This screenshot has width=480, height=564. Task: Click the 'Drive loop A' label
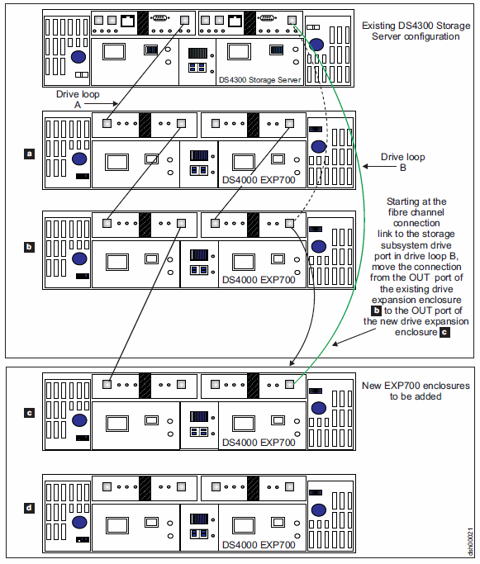(x=78, y=99)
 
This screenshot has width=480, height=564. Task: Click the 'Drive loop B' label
(x=403, y=162)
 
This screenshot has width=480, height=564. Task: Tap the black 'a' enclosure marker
(x=29, y=154)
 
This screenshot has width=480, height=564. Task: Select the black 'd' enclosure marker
(x=29, y=508)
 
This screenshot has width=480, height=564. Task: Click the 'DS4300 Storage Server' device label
(x=259, y=80)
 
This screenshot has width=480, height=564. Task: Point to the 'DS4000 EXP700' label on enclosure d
(x=259, y=545)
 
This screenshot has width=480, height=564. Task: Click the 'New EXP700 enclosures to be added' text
(x=416, y=391)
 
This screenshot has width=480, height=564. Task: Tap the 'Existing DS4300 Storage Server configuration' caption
(x=416, y=31)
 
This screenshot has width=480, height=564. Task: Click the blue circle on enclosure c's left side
(x=79, y=420)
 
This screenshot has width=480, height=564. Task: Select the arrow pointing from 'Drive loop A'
(x=101, y=103)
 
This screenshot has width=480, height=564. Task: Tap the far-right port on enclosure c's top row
(x=290, y=384)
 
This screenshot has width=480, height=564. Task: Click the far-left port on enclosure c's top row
(x=107, y=384)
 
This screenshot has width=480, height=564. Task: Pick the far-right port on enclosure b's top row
(x=289, y=223)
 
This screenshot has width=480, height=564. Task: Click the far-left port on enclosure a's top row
(x=107, y=123)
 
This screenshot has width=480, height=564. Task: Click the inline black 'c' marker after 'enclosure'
(x=444, y=332)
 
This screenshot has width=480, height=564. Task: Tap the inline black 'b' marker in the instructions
(x=377, y=310)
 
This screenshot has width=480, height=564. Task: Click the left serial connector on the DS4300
(x=159, y=17)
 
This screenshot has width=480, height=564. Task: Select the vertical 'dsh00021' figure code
(x=470, y=542)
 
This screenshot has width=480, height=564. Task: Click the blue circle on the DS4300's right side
(x=316, y=45)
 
